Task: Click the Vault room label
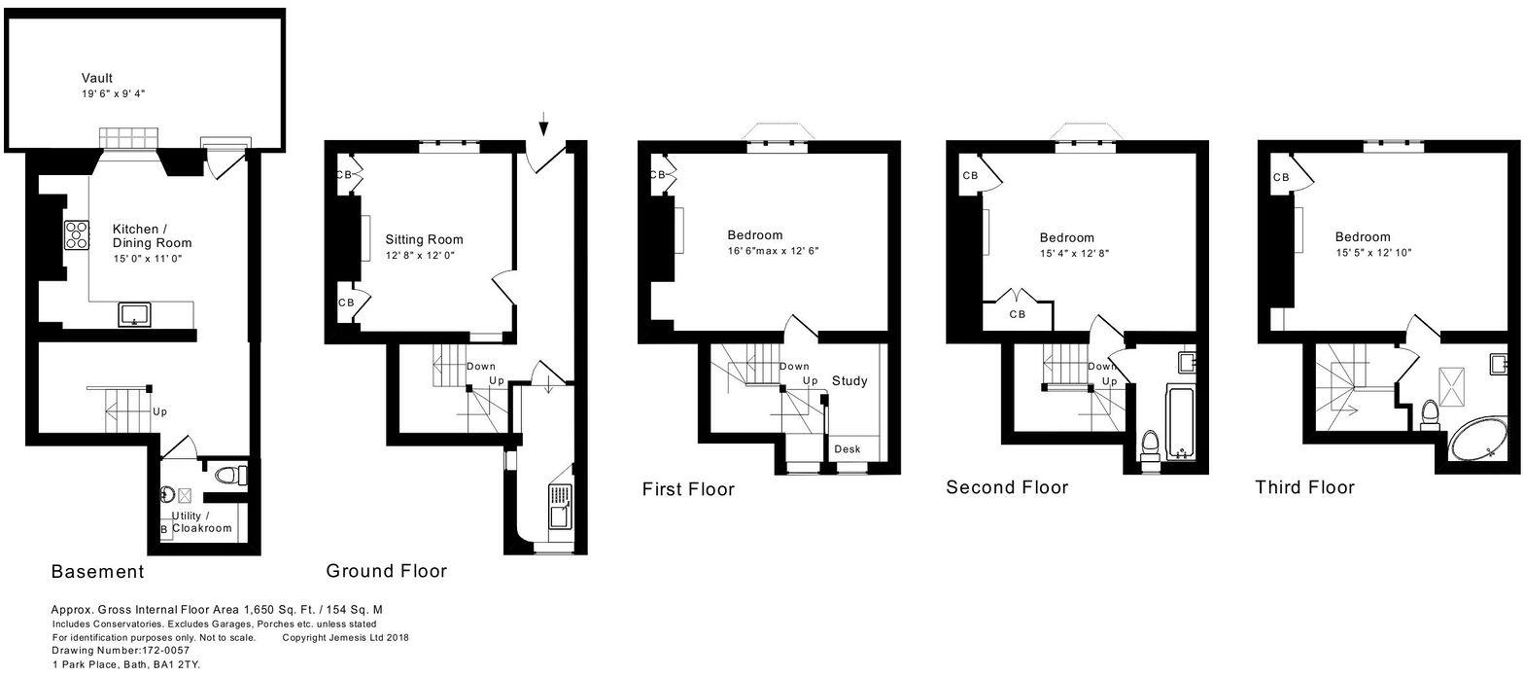click(97, 78)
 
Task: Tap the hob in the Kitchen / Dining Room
click(77, 235)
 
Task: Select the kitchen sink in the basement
click(134, 314)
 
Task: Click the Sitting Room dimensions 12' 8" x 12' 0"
click(420, 255)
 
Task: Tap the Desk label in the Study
click(847, 448)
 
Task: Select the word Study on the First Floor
click(849, 380)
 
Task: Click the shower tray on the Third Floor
click(1459, 380)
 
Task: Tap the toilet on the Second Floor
click(1149, 445)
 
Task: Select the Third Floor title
click(1304, 487)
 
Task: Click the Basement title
click(97, 572)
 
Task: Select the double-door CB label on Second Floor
click(1018, 314)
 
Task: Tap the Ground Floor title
click(386, 571)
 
